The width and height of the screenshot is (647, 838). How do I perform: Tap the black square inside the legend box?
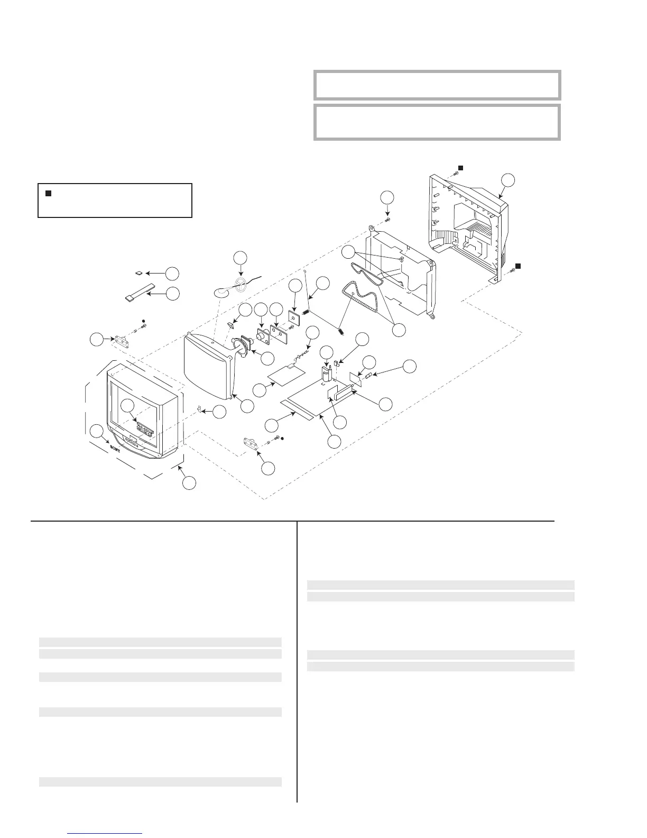pos(47,194)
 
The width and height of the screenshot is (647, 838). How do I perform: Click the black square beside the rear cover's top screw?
pos(460,167)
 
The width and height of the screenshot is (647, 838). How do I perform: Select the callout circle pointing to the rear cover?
pos(508,179)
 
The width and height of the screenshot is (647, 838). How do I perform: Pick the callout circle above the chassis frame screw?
pos(387,197)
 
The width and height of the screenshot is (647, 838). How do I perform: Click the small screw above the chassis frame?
pos(387,219)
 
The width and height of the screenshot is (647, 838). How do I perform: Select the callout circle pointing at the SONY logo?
pos(97,431)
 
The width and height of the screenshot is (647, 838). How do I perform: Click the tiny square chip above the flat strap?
pos(138,274)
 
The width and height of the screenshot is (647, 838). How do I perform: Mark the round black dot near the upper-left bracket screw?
pos(143,321)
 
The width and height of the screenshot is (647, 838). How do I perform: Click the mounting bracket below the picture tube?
pos(251,442)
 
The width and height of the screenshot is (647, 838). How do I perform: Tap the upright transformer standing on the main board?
pos(327,375)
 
